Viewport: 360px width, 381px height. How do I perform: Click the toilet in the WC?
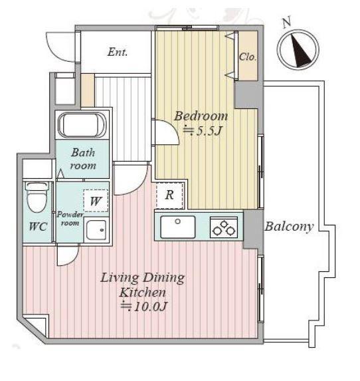click(37, 197)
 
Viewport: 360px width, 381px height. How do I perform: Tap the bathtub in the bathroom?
click(82, 126)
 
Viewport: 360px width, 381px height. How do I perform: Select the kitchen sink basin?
click(178, 227)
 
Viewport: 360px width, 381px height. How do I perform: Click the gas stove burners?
click(224, 227)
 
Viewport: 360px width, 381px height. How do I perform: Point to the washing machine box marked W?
click(96, 201)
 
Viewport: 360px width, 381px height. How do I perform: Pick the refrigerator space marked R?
click(169, 195)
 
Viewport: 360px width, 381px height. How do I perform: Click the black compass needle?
click(300, 51)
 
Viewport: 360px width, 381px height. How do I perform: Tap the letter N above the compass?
click(287, 22)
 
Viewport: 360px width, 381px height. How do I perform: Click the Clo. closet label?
click(247, 57)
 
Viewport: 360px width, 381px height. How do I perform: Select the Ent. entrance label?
click(118, 52)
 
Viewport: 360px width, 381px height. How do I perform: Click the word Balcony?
click(289, 227)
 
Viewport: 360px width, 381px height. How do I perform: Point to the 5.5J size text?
click(202, 131)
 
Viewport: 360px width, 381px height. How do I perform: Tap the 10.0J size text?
click(144, 307)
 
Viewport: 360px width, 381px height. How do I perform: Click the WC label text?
click(38, 227)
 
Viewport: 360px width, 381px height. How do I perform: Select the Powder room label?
click(70, 219)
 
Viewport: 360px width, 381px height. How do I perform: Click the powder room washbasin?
click(96, 230)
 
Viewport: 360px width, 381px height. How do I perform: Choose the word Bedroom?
click(201, 116)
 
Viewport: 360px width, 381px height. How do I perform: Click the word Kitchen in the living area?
click(143, 292)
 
